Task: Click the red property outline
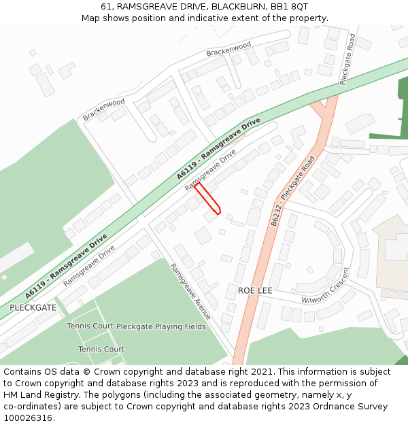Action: [208, 199]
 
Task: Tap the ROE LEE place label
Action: [255, 290]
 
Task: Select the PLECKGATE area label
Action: [33, 307]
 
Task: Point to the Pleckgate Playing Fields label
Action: [160, 326]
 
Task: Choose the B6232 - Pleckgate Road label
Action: [293, 191]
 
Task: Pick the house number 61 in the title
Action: [106, 6]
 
